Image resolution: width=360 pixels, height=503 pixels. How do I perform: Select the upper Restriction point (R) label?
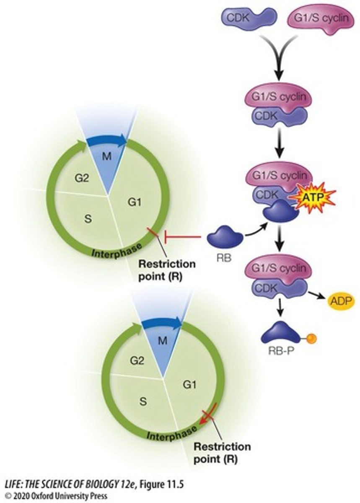[167, 270]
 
